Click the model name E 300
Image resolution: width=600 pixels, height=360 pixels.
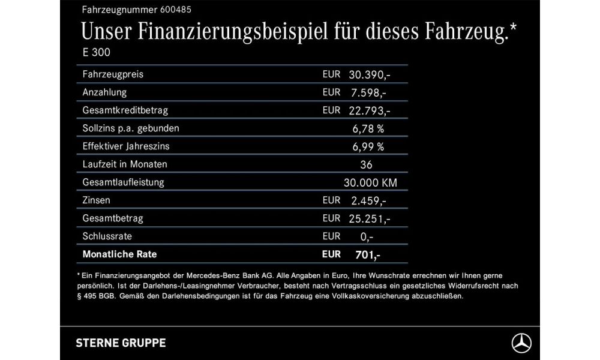click(97, 52)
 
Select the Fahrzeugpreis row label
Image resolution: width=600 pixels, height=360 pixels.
click(113, 74)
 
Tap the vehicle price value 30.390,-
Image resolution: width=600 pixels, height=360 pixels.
click(370, 74)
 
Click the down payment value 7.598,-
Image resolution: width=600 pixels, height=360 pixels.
click(367, 92)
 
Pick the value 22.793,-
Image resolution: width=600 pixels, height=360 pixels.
click(370, 110)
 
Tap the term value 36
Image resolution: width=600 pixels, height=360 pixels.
click(367, 164)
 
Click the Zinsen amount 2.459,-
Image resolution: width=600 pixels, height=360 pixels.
click(367, 200)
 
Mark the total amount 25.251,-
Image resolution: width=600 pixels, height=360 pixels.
click(370, 218)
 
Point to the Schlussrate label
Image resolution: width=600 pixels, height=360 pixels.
click(108, 236)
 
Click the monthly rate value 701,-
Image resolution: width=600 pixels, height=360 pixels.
click(367, 254)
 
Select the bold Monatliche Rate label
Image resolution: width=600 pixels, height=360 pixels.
click(119, 254)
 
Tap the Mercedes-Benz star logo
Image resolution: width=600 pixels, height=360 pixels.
click(521, 343)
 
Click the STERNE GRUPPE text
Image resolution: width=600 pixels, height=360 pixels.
click(121, 343)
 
